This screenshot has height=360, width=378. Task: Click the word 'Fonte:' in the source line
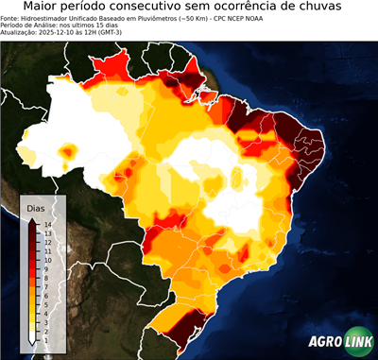(x=12, y=19)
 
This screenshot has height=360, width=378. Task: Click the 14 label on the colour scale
(x=46, y=225)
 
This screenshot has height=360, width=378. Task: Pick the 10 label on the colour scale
(x=46, y=256)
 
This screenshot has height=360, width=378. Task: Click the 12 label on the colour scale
(x=46, y=241)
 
